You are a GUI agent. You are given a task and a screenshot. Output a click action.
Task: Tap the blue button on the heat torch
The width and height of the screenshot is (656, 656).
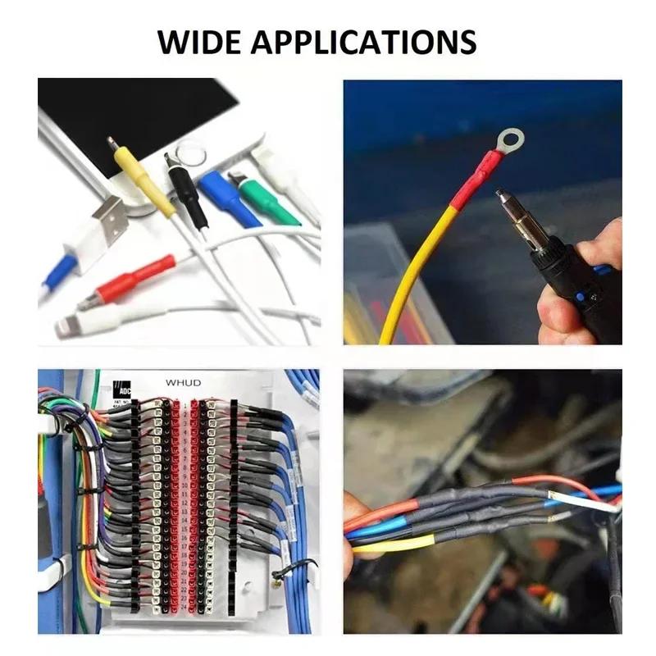tap(581, 296)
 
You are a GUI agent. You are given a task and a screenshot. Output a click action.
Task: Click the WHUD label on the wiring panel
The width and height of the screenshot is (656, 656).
tap(182, 382)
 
